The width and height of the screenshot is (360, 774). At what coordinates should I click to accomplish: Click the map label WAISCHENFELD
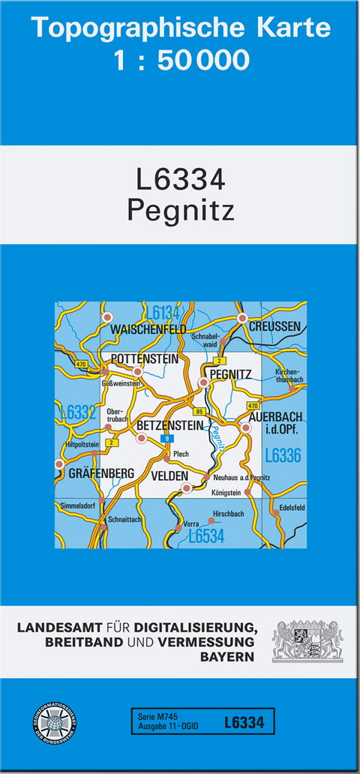148,329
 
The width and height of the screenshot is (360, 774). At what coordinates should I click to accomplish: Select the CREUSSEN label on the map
274,327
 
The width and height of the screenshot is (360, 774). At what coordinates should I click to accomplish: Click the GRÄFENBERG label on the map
100,473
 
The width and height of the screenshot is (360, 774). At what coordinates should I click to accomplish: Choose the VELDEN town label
169,475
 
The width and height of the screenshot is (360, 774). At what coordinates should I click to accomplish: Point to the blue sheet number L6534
205,536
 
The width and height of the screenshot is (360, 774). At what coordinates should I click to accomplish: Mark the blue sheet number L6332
78,412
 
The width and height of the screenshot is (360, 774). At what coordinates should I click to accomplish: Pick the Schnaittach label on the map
124,519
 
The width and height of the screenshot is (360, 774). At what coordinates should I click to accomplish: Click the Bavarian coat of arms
307,640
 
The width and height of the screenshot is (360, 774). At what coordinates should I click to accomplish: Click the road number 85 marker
198,412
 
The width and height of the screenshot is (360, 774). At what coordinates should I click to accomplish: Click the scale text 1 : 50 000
181,59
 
